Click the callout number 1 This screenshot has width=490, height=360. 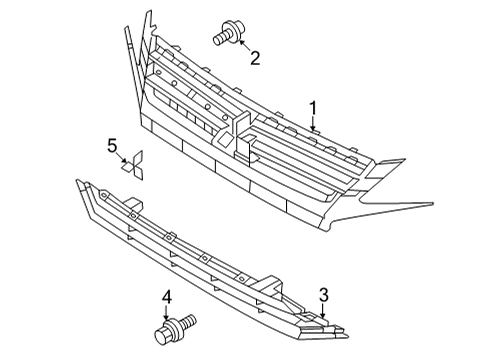[x=313, y=109]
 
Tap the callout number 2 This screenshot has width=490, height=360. [x=255, y=58]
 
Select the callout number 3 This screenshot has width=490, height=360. [x=324, y=295]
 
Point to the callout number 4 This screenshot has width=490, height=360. [x=166, y=297]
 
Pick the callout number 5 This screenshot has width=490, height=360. [x=112, y=146]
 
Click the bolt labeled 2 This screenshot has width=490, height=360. [x=229, y=33]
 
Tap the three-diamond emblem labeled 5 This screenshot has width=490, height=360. [x=132, y=165]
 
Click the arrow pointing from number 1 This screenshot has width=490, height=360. [x=313, y=124]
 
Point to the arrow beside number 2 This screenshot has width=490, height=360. [x=245, y=46]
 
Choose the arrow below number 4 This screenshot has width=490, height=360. [x=166, y=313]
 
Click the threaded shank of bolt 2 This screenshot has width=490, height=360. [x=219, y=39]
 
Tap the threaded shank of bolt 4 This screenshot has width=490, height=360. [x=188, y=321]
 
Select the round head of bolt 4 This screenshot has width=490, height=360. [x=163, y=335]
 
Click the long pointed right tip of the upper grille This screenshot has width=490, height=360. [x=433, y=203]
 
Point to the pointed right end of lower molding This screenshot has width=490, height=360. [x=348, y=336]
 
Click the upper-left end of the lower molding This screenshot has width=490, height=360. [x=77, y=181]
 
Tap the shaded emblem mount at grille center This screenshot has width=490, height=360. [x=223, y=138]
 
